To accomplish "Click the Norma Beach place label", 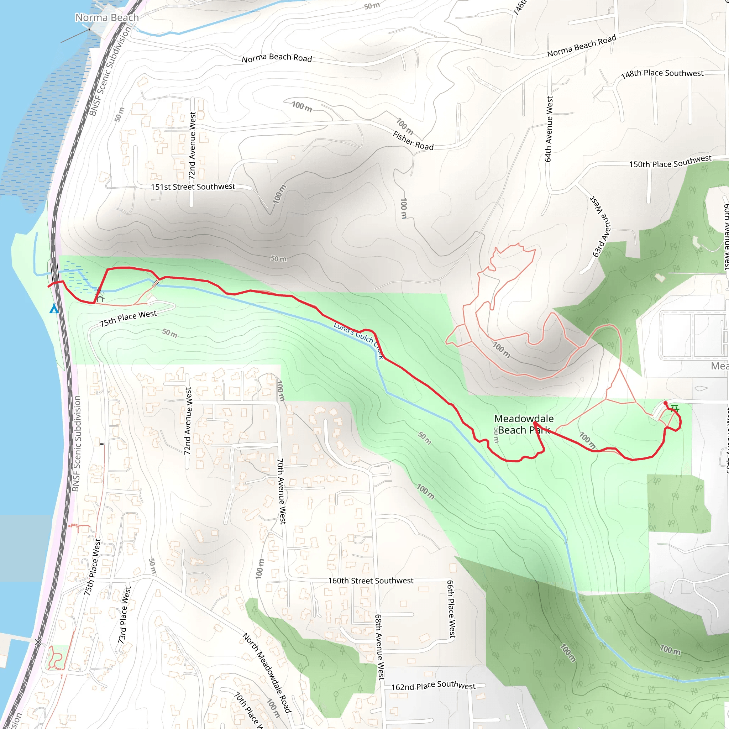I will (x=107, y=18).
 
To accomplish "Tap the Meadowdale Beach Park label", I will (x=524, y=424).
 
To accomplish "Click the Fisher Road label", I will (x=413, y=141).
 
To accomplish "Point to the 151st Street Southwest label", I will (x=193, y=187).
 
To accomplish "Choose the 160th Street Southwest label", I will (x=371, y=581).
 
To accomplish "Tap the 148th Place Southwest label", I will (x=662, y=74).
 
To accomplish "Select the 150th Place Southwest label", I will (x=670, y=162).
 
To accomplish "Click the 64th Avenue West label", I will (x=549, y=129).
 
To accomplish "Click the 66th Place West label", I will (x=451, y=609).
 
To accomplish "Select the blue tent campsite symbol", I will (x=54, y=309).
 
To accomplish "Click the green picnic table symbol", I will (x=675, y=408).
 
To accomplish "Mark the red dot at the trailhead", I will (x=665, y=403).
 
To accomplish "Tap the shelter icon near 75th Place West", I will (x=100, y=298).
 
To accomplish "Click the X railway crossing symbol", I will (x=38, y=642).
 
